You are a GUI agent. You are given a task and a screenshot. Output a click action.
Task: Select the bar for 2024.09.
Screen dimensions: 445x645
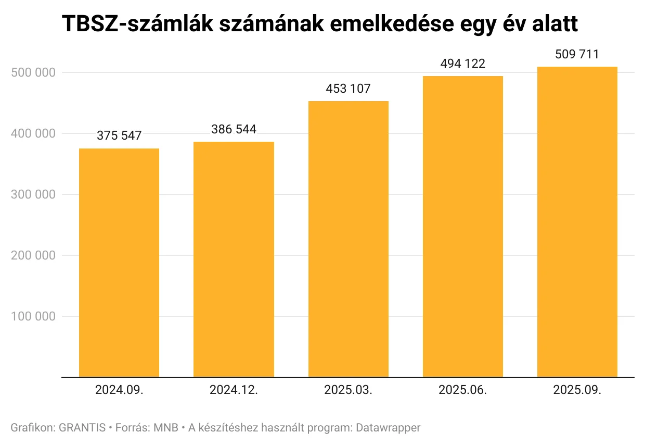coord(119,262)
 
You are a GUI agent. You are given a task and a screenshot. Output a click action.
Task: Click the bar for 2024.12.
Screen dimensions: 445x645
coord(234,259)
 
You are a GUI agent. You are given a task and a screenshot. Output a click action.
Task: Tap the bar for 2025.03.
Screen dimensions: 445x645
coord(348,239)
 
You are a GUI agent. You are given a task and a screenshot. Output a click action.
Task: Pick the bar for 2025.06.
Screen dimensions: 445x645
coord(462,226)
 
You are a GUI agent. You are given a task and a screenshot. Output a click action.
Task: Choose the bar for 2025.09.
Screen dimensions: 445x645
coord(577,222)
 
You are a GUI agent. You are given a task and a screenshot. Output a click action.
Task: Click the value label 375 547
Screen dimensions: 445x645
coord(119,135)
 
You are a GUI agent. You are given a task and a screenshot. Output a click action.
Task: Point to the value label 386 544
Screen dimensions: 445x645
coord(234,129)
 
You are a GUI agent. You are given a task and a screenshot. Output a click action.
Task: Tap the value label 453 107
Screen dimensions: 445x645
coord(348,89)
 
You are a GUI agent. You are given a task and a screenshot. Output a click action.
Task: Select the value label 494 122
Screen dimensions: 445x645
coord(462,64)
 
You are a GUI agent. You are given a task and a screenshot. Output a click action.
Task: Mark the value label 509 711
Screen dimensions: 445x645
coord(577,54)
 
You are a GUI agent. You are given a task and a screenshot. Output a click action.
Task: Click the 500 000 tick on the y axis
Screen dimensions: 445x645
coord(33,72)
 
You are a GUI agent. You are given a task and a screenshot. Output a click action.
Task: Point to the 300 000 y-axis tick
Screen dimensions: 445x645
coord(33,194)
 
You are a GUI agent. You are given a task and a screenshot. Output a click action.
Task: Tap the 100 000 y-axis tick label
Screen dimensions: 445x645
coord(33,316)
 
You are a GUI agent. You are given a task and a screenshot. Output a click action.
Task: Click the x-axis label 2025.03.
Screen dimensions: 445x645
coord(348,390)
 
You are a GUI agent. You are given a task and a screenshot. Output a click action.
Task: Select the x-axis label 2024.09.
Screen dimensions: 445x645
coord(119,390)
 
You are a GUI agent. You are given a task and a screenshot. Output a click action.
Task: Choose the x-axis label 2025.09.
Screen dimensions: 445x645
coord(577,390)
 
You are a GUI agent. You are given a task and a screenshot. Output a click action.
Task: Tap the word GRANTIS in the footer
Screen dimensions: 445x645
coord(82,428)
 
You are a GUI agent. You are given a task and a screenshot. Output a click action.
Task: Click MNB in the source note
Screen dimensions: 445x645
coord(166,428)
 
